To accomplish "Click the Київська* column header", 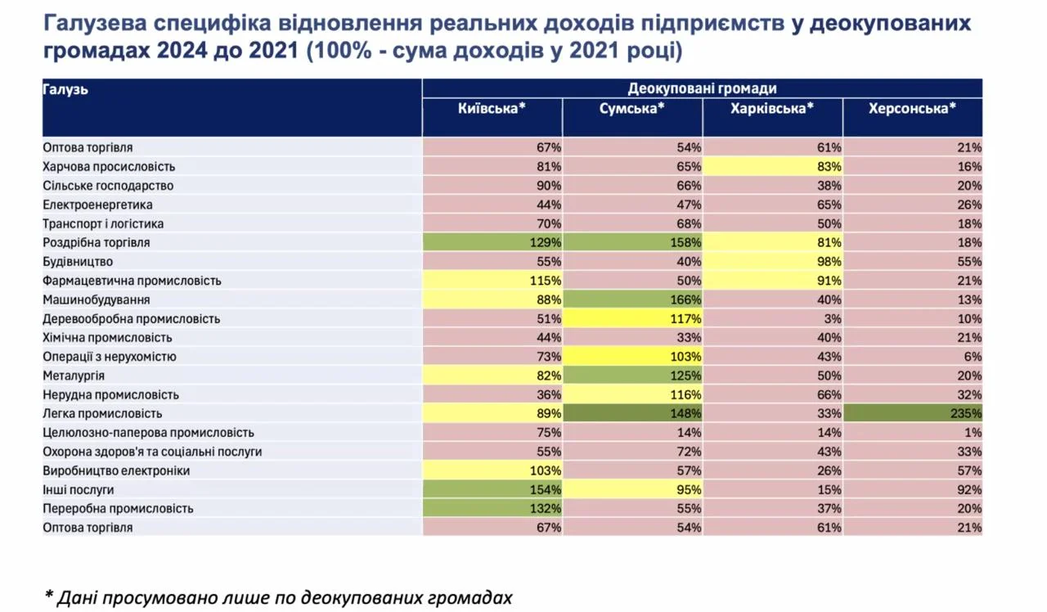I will click(492, 109).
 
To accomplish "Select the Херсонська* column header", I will click(912, 109).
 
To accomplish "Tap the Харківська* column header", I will click(772, 109).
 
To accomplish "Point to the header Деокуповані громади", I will click(702, 88).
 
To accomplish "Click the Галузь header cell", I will click(66, 90).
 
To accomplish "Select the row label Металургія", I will click(74, 376).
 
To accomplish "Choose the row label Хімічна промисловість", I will click(107, 338).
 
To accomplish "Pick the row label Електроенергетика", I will click(97, 205).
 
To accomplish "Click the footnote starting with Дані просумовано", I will click(278, 597).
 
